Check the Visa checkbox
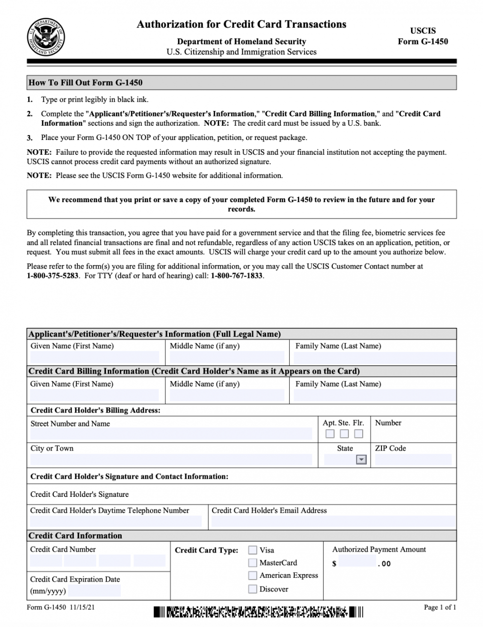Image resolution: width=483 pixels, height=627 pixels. coord(253,550)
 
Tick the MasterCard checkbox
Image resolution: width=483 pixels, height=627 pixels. coord(253,562)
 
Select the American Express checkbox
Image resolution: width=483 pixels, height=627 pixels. coord(253,575)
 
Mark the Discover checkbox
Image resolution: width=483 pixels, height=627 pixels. coord(253,589)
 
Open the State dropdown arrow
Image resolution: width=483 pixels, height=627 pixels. coord(361,460)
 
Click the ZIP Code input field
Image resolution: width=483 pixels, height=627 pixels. coord(413,460)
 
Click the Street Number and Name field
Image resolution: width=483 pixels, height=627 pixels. coord(171,434)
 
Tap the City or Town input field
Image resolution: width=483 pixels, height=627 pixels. coord(171,460)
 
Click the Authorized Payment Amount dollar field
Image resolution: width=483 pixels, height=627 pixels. coord(357,562)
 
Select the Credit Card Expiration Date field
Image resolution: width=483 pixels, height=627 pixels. coord(95,591)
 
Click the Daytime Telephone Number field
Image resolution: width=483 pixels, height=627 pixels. coord(116,522)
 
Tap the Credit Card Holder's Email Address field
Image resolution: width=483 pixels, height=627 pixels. coord(333,522)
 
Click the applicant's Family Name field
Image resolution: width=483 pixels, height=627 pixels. coord(375,357)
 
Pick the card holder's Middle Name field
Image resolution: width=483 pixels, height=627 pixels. coord(227,395)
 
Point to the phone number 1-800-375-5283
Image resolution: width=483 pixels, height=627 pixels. coord(53,276)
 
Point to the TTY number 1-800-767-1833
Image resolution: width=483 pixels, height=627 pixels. coord(237,276)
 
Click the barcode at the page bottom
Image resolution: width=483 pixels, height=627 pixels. coord(258,612)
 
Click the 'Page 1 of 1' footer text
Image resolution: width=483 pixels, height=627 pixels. coord(440,607)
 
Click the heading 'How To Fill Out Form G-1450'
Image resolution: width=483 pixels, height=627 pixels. coord(86,82)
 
